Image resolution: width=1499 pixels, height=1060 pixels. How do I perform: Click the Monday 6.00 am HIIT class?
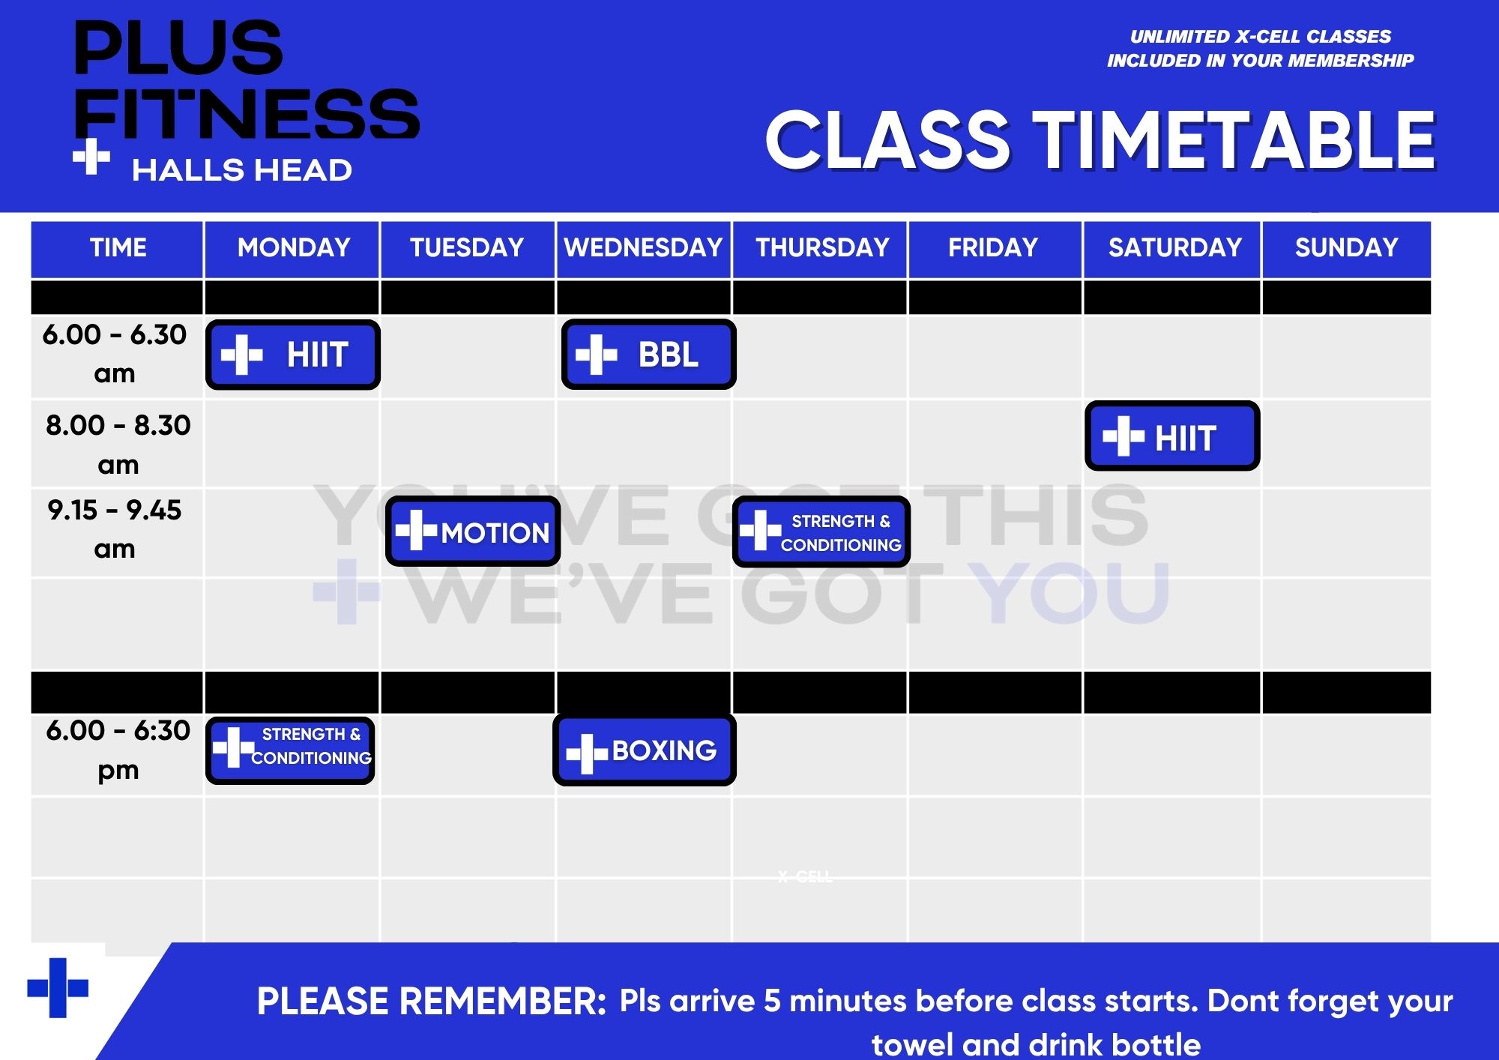pos(293,355)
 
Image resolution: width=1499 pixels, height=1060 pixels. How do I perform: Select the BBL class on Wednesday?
pos(648,355)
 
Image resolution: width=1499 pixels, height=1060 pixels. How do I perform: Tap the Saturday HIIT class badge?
pos(1172,436)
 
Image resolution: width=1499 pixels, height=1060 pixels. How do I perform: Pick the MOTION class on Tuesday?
pos(473,531)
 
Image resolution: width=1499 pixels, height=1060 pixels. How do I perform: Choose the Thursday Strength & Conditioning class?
pos(821,531)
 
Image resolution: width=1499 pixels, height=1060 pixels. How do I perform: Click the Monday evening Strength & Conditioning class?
pos(290,750)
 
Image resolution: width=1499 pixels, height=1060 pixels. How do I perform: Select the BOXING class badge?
pos(645,750)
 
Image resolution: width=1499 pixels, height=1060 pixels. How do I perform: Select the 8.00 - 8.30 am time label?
pos(118,445)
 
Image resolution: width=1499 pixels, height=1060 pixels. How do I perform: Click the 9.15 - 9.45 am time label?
pos(115,529)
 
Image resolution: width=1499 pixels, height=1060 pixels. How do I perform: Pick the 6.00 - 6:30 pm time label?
pos(118,750)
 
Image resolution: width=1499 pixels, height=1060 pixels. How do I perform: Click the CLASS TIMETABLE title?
pos(1100,140)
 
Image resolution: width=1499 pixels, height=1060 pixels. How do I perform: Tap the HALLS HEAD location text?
pos(242,171)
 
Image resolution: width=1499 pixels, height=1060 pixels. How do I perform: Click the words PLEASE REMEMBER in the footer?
pos(432,1002)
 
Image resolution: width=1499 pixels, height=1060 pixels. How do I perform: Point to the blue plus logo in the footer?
pos(58,988)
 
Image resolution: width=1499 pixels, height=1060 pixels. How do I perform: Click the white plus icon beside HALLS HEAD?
pos(91,157)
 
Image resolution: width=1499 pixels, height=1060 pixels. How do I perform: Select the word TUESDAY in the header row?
pos(467,248)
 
